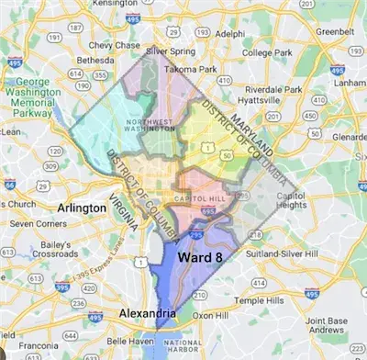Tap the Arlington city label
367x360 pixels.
click(82, 208)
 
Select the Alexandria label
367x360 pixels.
click(147, 315)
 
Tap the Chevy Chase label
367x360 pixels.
click(113, 45)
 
